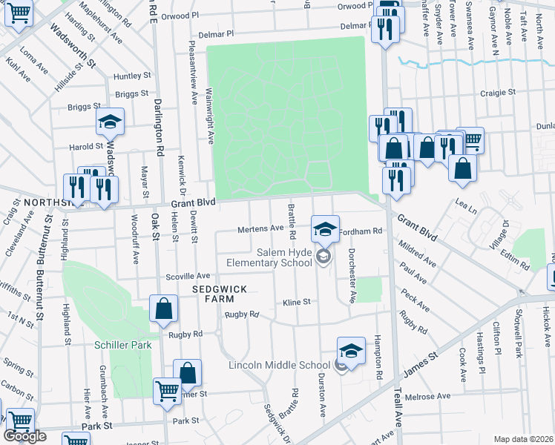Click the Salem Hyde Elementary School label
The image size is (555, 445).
click(275, 257)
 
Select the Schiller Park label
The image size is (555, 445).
click(122, 345)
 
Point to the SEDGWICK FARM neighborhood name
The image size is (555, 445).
click(214, 293)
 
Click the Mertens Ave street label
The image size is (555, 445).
click(260, 229)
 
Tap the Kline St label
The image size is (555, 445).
click(296, 303)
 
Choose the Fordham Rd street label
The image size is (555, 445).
click(360, 231)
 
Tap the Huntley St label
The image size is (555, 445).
click(133, 76)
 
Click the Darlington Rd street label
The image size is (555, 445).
click(159, 126)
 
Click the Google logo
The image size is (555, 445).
click(25, 436)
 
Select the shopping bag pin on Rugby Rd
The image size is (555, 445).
click(163, 310)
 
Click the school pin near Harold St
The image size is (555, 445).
click(110, 122)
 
